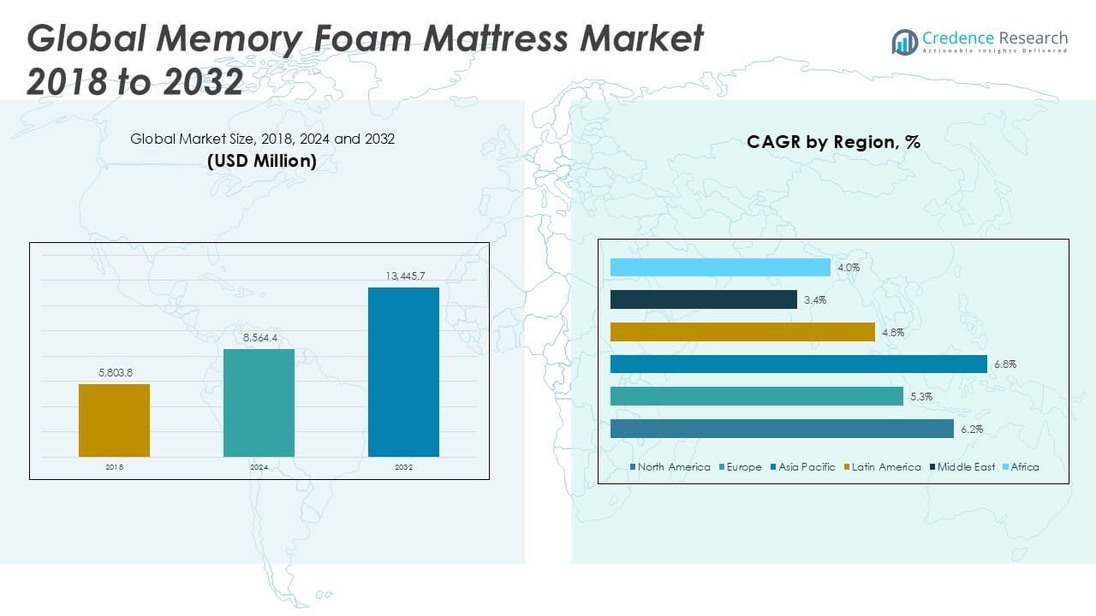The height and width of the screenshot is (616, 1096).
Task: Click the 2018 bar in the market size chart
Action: click(114, 420)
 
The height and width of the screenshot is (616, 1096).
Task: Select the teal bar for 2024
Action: click(259, 403)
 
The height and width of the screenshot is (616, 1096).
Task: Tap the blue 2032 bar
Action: click(403, 372)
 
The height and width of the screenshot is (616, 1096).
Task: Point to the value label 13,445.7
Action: click(404, 276)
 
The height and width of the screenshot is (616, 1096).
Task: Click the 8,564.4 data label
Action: click(259, 339)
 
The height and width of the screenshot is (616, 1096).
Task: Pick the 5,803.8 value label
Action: click(114, 374)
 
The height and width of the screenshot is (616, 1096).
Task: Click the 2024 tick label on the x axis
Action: click(259, 468)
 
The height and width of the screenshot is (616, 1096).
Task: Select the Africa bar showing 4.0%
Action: click(720, 268)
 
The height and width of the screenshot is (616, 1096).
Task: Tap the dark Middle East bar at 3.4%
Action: click(704, 299)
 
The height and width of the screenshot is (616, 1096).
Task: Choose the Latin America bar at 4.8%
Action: click(742, 332)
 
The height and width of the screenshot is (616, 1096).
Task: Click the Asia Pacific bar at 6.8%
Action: click(799, 364)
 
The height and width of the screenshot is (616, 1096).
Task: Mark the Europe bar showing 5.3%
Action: click(757, 396)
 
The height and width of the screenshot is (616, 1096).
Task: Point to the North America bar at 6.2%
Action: click(782, 429)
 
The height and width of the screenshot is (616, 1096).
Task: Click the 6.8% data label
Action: click(1004, 364)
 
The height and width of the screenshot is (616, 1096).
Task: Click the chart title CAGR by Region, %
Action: click(833, 142)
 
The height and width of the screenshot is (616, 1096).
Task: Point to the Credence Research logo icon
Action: click(904, 41)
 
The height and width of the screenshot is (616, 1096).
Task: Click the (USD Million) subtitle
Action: click(262, 160)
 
